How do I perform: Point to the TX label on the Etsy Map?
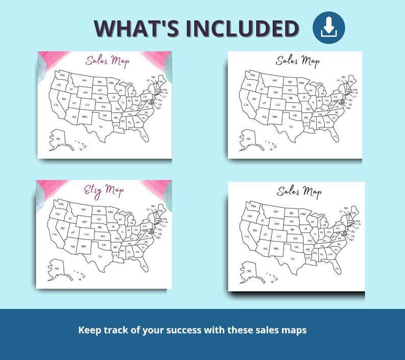[x=100, y=256]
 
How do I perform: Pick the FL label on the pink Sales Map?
[x=145, y=137]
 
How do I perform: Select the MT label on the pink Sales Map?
[x=84, y=81]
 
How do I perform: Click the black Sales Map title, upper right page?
[x=297, y=62]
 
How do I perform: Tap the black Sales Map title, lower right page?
[x=299, y=192]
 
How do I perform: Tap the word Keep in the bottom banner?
[x=88, y=330]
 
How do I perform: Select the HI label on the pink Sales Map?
[x=80, y=149]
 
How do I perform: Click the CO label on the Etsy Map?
[x=87, y=234]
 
